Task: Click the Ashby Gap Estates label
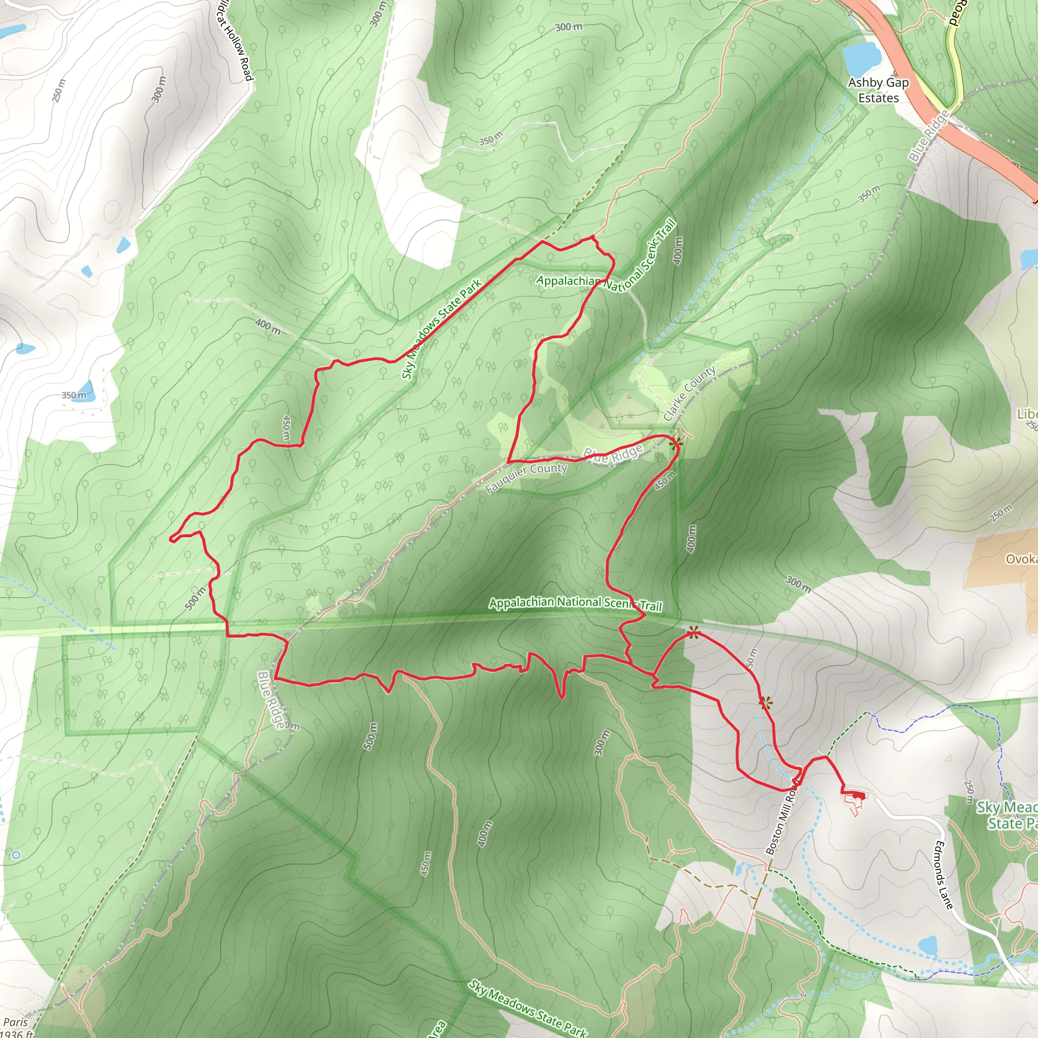[878, 90]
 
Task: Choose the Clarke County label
[689, 393]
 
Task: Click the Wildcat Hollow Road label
[234, 41]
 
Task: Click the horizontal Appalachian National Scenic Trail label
[575, 603]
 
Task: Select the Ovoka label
[1021, 560]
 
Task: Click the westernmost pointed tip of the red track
[171, 538]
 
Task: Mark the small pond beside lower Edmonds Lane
[928, 945]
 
